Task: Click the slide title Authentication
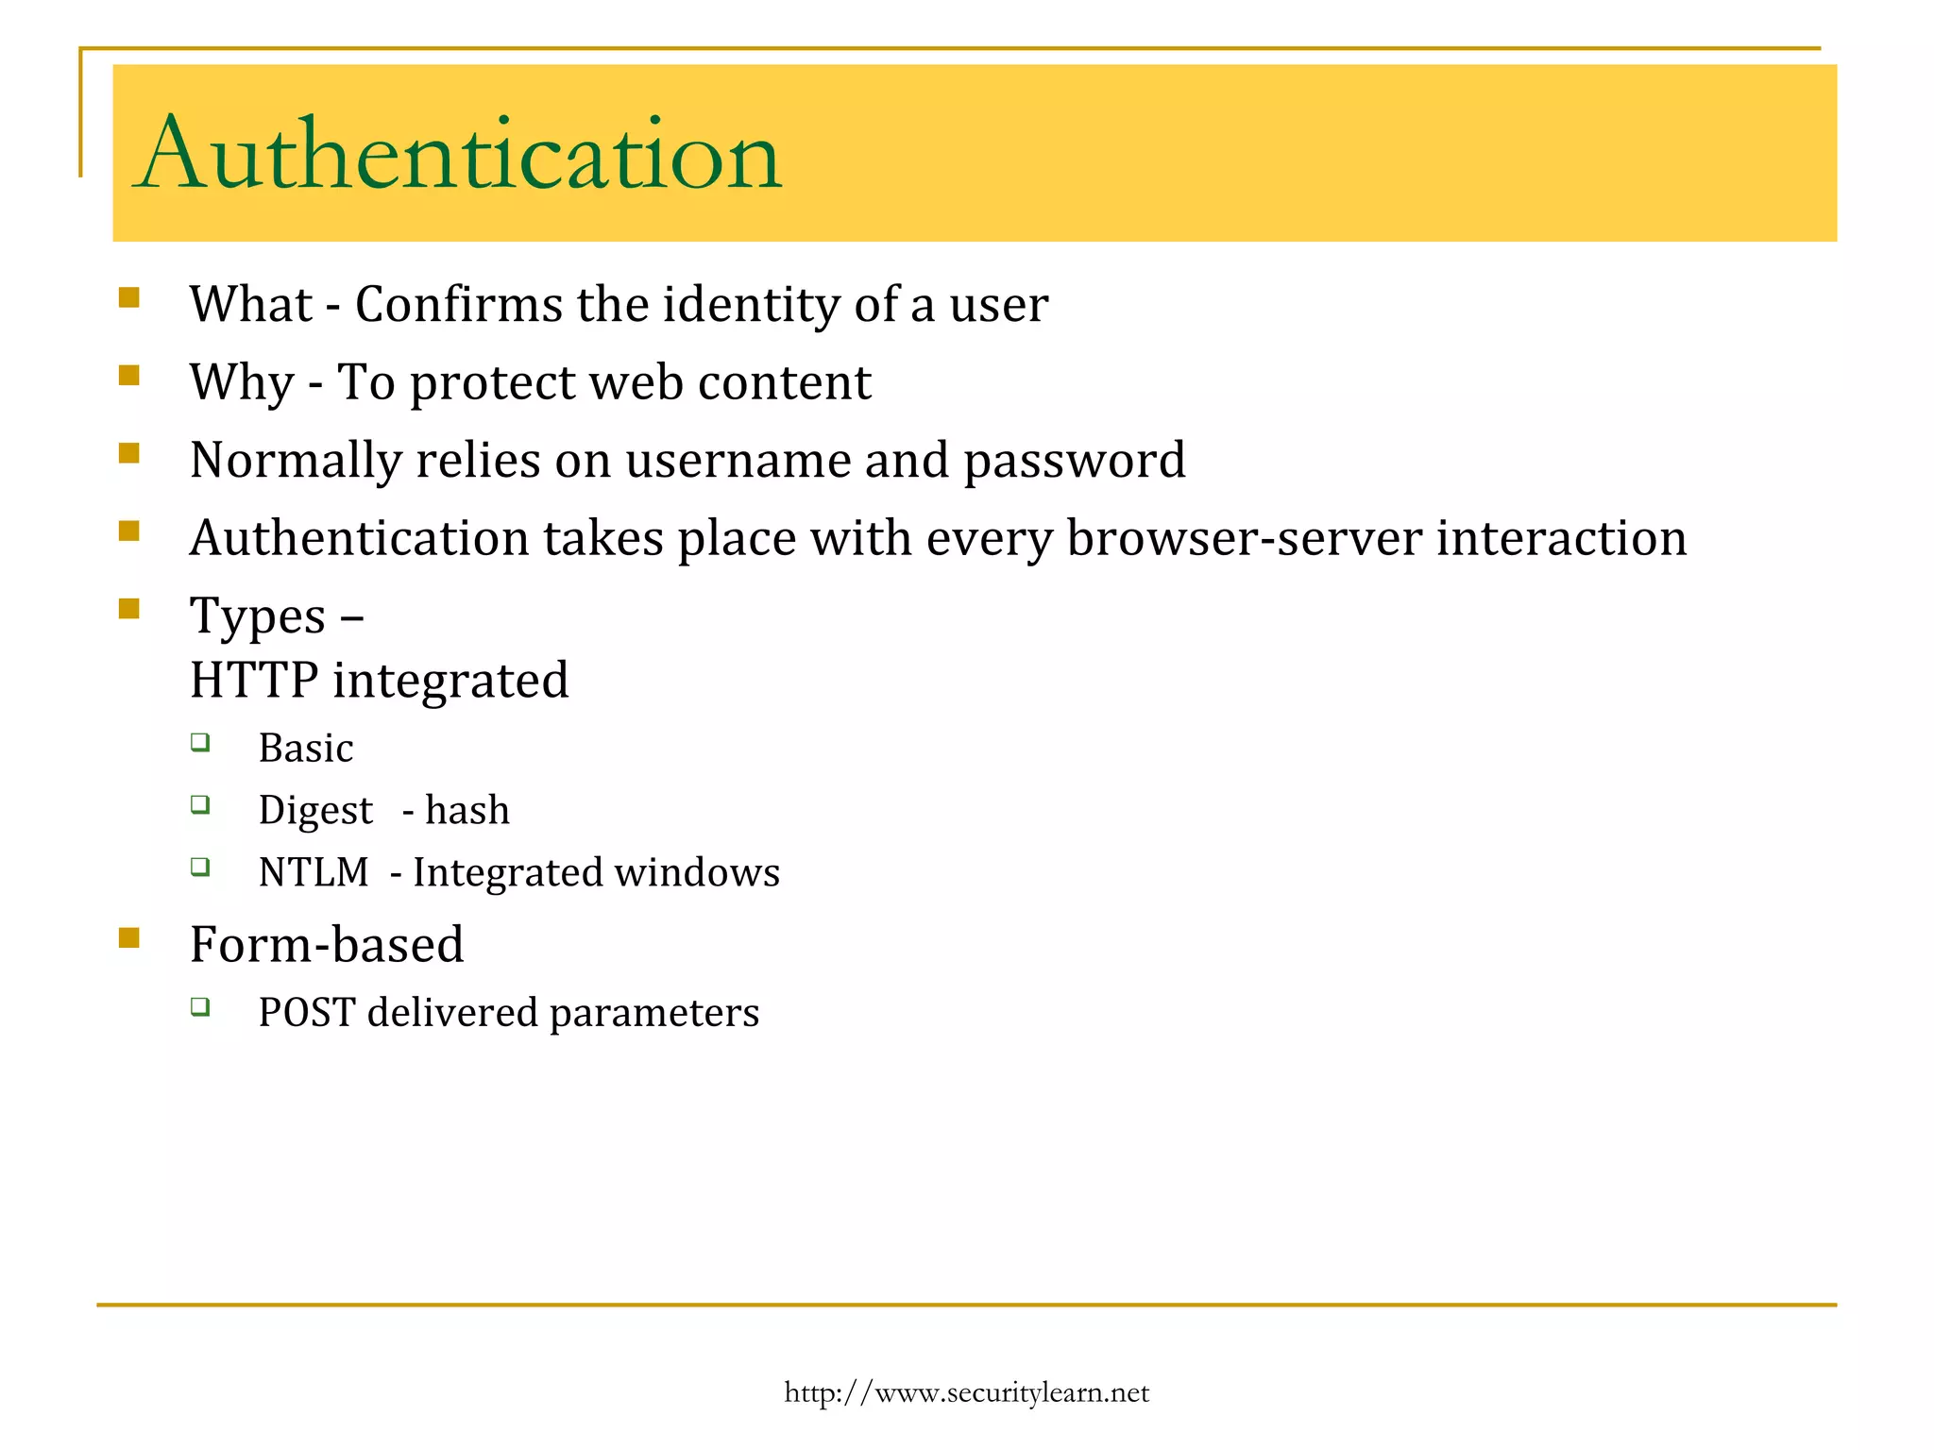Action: [x=459, y=155]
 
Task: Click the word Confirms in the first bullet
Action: [x=458, y=305]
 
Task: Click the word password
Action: [x=1074, y=461]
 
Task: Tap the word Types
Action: [x=257, y=617]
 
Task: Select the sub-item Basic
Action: [x=306, y=749]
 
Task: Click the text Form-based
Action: [x=327, y=945]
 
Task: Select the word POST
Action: [x=307, y=1013]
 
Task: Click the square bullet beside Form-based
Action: [x=129, y=937]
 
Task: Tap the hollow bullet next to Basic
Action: [x=200, y=742]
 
